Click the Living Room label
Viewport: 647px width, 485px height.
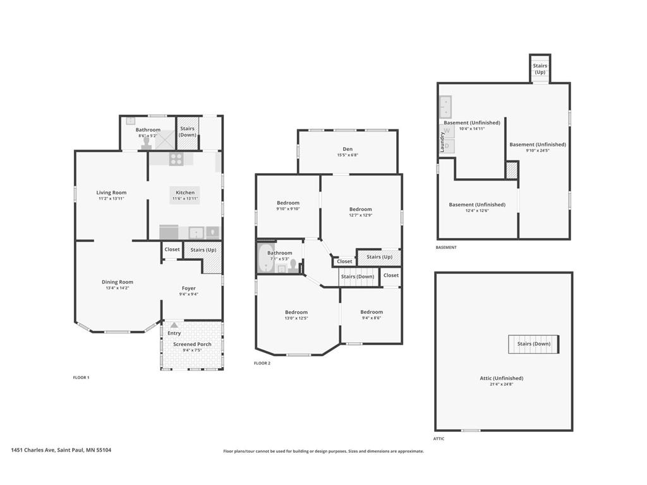pos(111,193)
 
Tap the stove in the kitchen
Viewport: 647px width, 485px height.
pos(176,159)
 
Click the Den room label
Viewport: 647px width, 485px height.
pos(348,149)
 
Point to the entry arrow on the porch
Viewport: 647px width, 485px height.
pos(174,325)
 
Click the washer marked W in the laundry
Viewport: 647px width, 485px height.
pos(447,131)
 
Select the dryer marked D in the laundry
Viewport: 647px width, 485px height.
pos(447,146)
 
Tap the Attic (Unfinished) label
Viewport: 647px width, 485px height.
pos(501,378)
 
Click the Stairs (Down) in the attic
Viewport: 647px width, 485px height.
pos(533,344)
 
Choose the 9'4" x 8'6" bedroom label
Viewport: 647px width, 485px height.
pos(372,318)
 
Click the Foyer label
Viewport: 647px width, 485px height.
pos(188,288)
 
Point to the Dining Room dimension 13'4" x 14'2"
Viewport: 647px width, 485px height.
pos(118,288)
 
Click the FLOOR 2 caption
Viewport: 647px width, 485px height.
pos(262,363)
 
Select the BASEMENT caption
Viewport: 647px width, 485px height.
pos(446,248)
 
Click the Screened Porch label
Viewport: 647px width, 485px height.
pos(192,344)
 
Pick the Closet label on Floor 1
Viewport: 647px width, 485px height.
pos(172,249)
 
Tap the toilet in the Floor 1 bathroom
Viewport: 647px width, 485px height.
pos(146,143)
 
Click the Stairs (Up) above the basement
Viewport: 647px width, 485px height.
pos(540,69)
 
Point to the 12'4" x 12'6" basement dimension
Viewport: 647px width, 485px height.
pos(477,210)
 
